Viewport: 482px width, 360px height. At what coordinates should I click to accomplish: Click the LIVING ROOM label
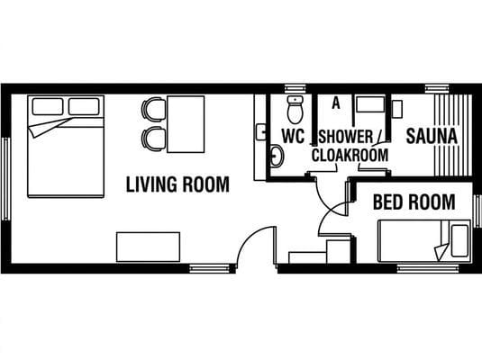pyautogui.click(x=177, y=184)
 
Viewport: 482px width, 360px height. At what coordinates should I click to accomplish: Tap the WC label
pyautogui.click(x=294, y=136)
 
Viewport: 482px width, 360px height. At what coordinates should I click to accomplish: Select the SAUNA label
pyautogui.click(x=432, y=136)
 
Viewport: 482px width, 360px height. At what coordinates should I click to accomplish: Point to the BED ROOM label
pyautogui.click(x=414, y=202)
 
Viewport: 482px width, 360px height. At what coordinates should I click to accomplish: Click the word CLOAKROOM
pyautogui.click(x=350, y=155)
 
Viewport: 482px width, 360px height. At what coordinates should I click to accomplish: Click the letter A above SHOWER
pyautogui.click(x=336, y=103)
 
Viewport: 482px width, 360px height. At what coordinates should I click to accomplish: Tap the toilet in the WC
pyautogui.click(x=296, y=110)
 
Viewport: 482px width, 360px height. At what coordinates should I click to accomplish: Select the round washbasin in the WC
pyautogui.click(x=277, y=157)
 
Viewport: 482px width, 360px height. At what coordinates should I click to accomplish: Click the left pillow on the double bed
pyautogui.click(x=48, y=106)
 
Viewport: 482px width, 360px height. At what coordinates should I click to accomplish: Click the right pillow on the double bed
pyautogui.click(x=84, y=106)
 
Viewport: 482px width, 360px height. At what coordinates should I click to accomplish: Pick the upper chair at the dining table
pyautogui.click(x=153, y=110)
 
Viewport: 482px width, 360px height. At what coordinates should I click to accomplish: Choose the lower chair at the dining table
pyautogui.click(x=153, y=139)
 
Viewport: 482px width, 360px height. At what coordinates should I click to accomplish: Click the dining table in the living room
pyautogui.click(x=186, y=124)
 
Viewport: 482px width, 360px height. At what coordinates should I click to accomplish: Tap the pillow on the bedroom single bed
pyautogui.click(x=459, y=241)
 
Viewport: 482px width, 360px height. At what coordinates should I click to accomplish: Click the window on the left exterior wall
pyautogui.click(x=5, y=179)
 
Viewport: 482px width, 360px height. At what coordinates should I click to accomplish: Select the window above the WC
pyautogui.click(x=296, y=88)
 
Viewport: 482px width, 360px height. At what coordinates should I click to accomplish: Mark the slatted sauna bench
pyautogui.click(x=453, y=135)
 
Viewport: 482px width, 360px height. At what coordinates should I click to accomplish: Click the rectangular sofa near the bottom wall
pyautogui.click(x=148, y=247)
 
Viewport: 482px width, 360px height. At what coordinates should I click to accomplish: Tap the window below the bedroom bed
pyautogui.click(x=428, y=269)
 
